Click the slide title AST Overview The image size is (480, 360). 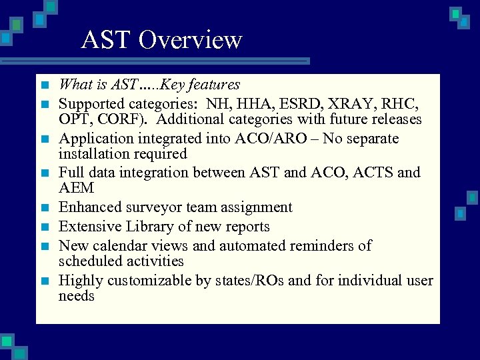coord(161,40)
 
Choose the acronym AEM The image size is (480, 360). coord(76,189)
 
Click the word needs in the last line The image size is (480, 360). coord(77,295)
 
